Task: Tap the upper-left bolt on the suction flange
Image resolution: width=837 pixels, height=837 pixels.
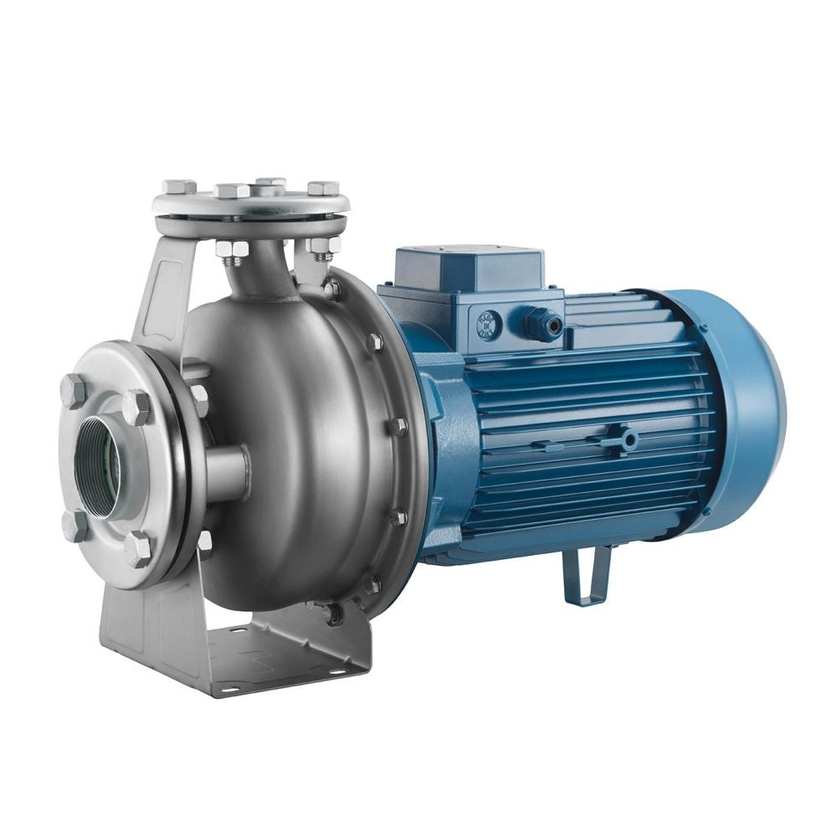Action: (73, 391)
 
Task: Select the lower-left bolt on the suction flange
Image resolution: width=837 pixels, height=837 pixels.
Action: (75, 526)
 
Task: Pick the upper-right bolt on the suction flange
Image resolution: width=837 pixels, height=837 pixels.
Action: (136, 407)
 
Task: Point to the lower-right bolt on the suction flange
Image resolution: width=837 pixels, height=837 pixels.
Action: (138, 548)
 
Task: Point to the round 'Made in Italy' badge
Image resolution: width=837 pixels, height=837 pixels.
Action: (489, 326)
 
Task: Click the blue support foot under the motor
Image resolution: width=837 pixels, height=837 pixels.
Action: (587, 577)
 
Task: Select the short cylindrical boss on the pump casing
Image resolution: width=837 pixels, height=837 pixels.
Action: (227, 473)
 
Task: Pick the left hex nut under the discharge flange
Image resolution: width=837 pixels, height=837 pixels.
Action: (232, 249)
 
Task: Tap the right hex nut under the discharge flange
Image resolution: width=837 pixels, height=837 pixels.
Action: (322, 245)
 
